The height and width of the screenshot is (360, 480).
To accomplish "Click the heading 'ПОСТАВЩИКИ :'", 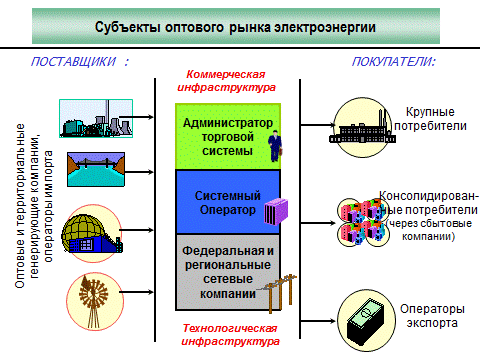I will point(80,62).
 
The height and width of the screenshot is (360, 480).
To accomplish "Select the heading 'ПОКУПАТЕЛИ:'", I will point(393,62).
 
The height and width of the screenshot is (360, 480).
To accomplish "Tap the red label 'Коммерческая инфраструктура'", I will point(231,81).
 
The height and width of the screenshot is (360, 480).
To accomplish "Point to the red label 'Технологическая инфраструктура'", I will point(231,334).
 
